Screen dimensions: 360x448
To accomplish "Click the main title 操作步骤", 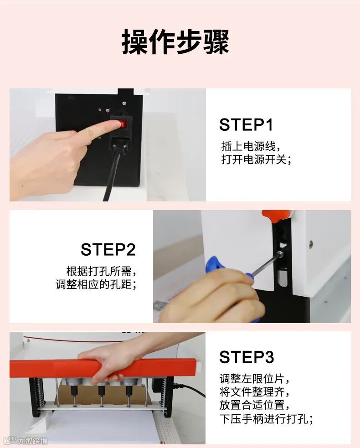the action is (175, 42).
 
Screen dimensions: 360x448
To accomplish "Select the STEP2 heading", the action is (108, 249).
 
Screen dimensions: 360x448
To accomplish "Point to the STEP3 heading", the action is (247, 357).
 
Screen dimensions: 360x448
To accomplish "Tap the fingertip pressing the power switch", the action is (114, 124).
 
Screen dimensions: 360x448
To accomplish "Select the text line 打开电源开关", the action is (256, 160).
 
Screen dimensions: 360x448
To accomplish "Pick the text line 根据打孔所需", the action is (101, 271).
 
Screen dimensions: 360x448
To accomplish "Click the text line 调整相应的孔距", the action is (96, 284).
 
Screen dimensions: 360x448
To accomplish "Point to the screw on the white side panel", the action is (311, 244).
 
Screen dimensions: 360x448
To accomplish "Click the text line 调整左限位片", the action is (254, 379).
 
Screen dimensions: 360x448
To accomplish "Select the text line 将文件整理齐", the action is (254, 392).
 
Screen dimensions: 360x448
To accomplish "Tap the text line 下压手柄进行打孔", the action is (266, 419).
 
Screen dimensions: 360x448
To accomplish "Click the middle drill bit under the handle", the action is (101, 396).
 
